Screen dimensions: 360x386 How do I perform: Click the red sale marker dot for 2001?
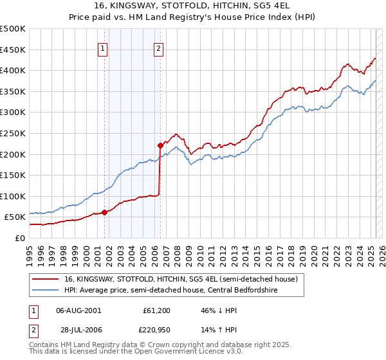coord(104,212)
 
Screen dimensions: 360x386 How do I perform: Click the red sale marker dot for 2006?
coord(160,145)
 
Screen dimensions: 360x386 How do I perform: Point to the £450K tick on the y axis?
coord(13,50)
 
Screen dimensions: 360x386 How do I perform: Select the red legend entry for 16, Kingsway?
coord(181,280)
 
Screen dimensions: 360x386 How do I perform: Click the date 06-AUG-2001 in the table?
coord(78,310)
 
